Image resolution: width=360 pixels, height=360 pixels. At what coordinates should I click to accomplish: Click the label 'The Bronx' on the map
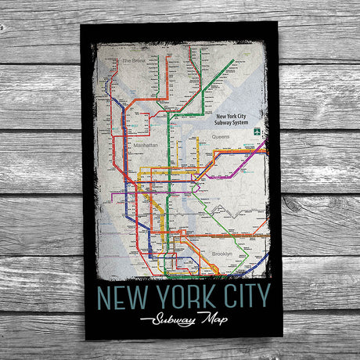click(135, 60)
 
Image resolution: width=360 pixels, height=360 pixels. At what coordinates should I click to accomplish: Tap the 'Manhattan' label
click(143, 145)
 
